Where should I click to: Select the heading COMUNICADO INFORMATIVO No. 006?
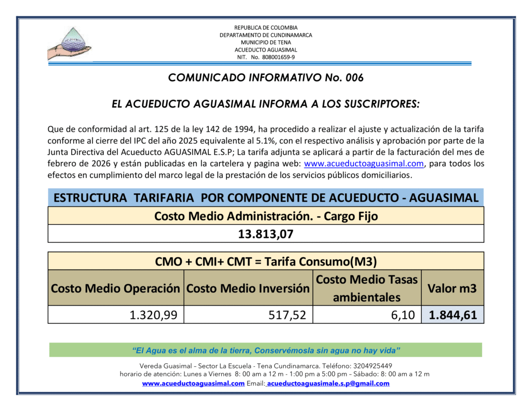click(x=265, y=78)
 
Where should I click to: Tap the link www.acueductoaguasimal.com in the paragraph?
click(x=364, y=164)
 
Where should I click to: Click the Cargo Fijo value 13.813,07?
click(x=265, y=234)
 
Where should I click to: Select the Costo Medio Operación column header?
click(x=115, y=288)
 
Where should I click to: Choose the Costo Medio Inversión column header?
click(x=248, y=288)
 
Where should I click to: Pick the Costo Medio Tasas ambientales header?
click(x=367, y=288)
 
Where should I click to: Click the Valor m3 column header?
click(x=452, y=288)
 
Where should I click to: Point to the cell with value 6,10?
click(x=404, y=314)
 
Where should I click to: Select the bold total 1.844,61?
click(x=453, y=314)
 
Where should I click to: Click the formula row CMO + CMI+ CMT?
click(x=265, y=261)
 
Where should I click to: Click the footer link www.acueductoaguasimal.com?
click(x=193, y=383)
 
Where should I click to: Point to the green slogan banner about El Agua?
click(x=265, y=349)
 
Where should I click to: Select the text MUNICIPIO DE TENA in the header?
click(x=265, y=42)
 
